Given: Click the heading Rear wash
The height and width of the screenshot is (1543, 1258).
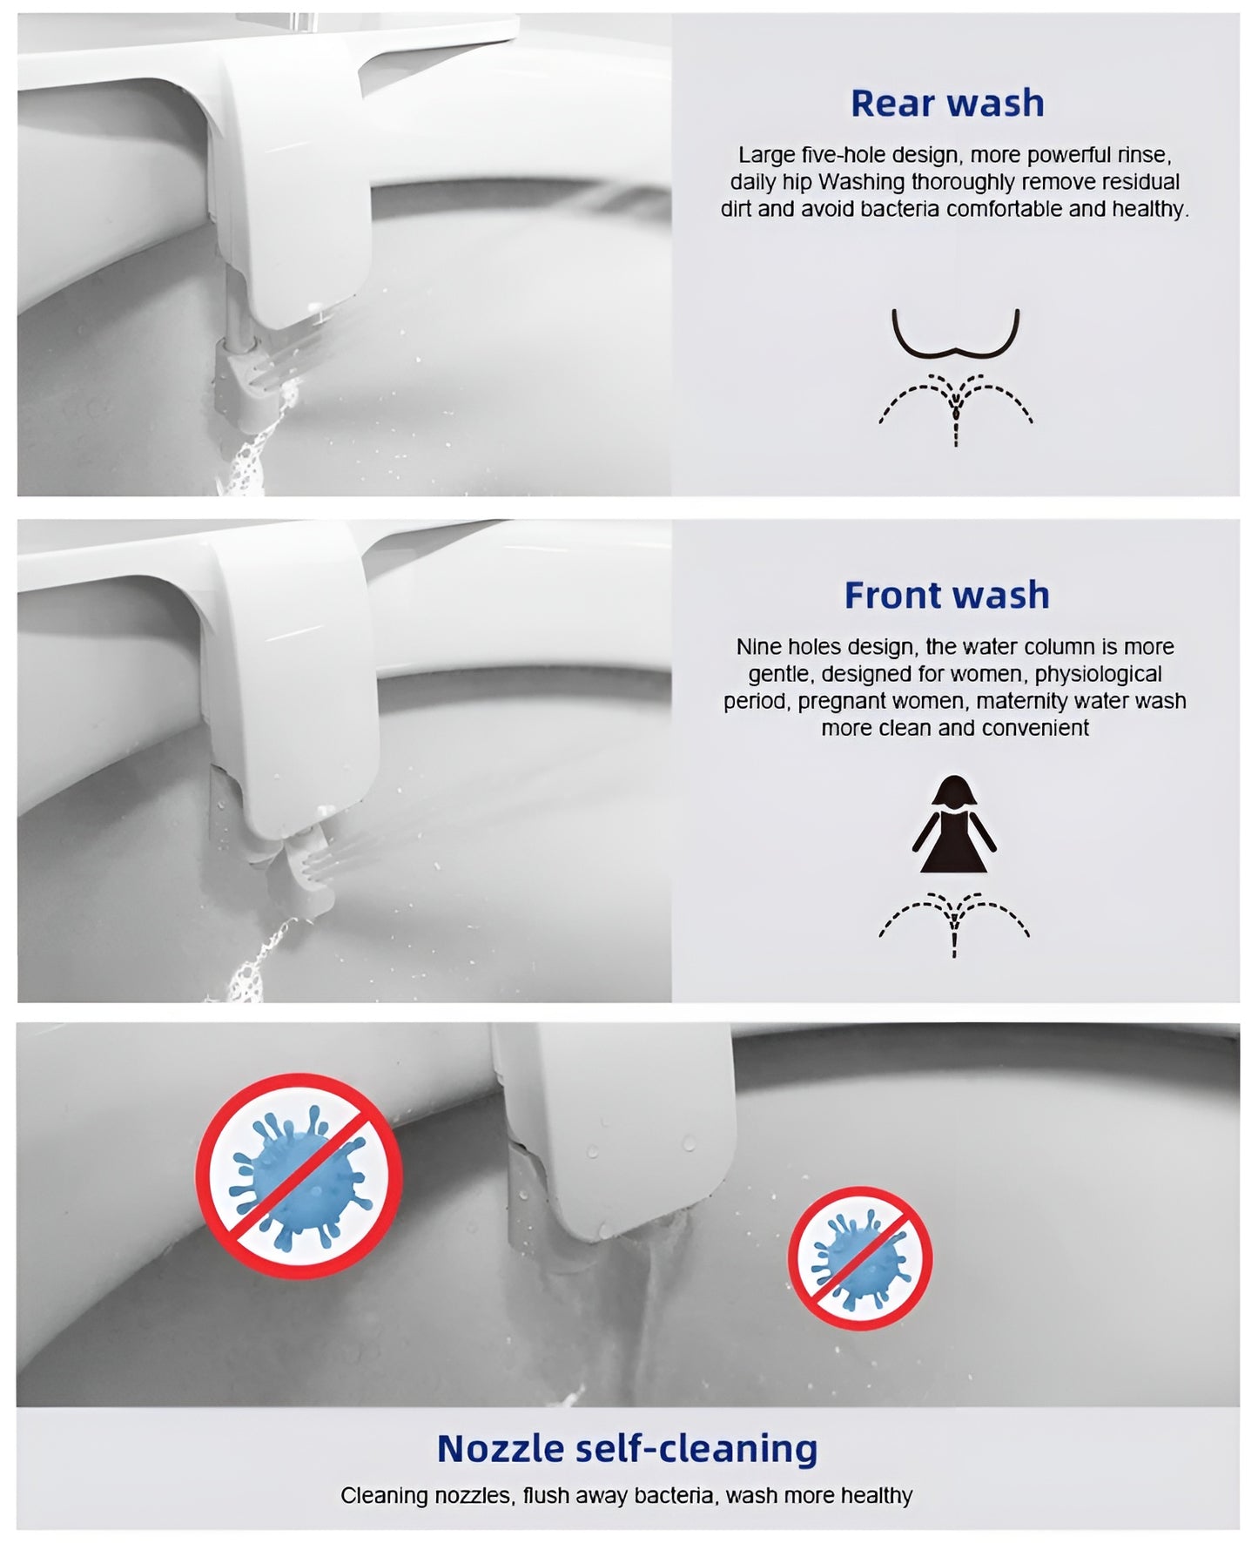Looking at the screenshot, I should (946, 104).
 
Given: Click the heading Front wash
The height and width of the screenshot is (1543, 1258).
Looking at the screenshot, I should (946, 596).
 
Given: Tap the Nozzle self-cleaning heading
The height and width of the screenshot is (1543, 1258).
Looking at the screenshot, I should (627, 1448).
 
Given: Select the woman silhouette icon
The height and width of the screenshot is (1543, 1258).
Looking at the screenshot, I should (954, 825).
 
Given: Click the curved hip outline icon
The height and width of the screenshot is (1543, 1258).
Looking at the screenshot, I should (955, 335).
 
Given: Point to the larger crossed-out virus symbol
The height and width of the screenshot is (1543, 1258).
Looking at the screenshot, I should (299, 1175).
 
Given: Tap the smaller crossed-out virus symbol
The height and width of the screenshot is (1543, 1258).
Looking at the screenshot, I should (859, 1258).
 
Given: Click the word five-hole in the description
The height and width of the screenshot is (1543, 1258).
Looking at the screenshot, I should (844, 155).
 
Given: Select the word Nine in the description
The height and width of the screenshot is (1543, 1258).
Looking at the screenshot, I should (759, 647).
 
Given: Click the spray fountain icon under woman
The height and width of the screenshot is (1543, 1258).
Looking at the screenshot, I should (954, 924).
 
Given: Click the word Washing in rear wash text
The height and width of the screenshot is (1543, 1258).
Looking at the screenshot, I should (861, 182).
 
